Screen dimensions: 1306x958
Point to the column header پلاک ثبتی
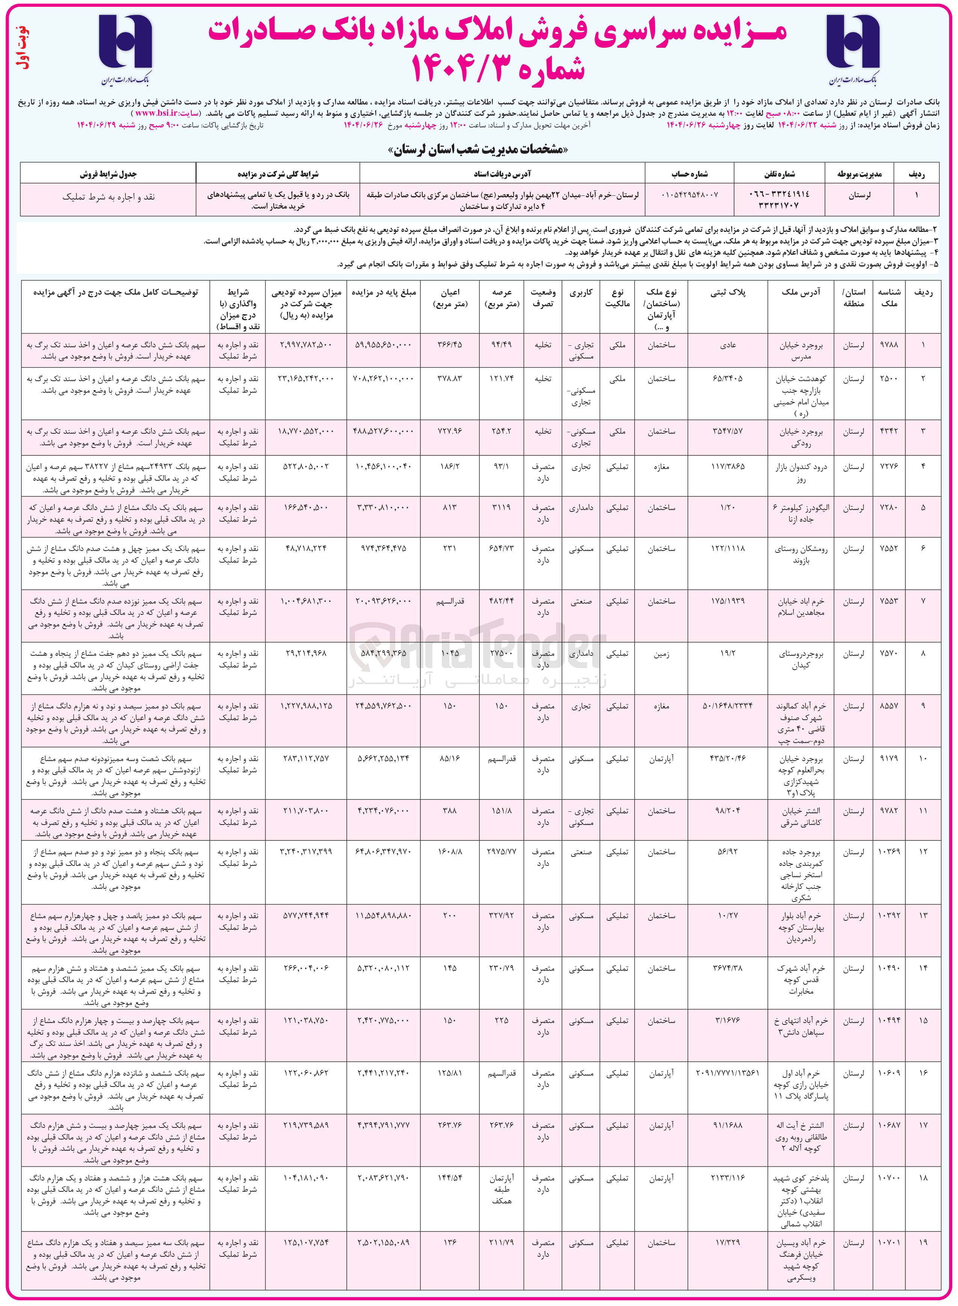click(727, 293)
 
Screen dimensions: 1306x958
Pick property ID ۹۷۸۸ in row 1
click(888, 345)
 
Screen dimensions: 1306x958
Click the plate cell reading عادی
click(728, 345)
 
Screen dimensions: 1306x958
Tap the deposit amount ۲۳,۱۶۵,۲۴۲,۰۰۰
click(306, 379)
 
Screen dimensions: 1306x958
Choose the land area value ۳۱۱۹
click(501, 508)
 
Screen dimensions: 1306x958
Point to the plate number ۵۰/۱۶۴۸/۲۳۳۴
click(727, 706)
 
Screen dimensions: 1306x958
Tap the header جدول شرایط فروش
click(109, 174)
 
